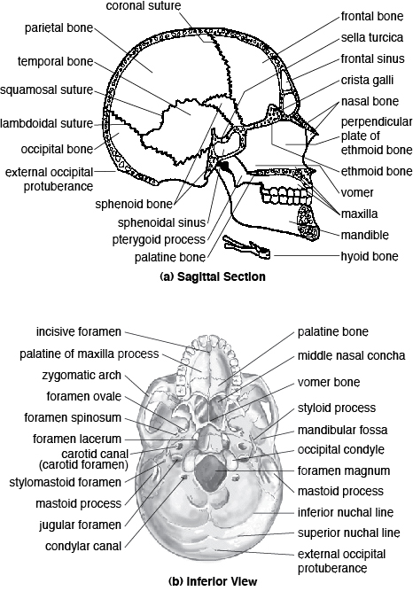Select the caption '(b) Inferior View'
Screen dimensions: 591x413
[206, 582]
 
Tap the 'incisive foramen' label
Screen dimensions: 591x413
[77, 332]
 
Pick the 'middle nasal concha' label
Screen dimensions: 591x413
[352, 355]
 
